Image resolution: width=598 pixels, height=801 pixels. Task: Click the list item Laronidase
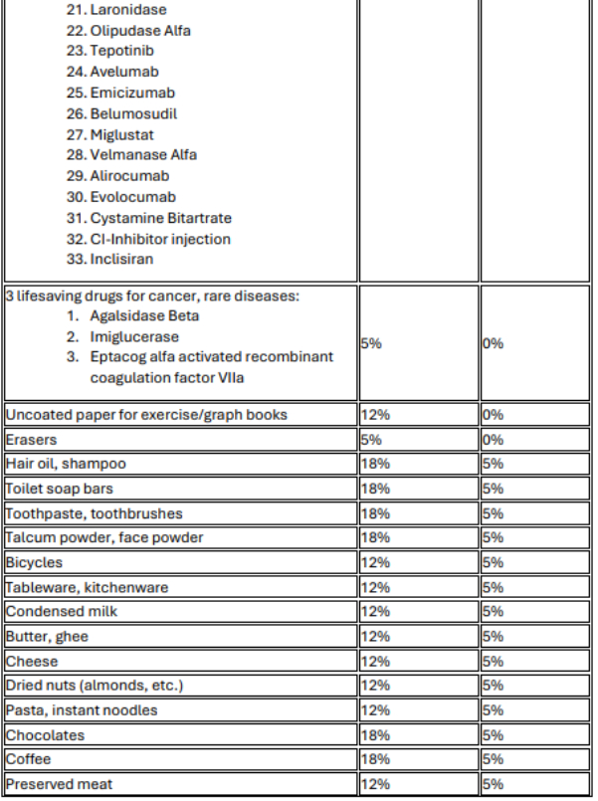pyautogui.click(x=128, y=9)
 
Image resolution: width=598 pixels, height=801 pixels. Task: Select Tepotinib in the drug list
pyautogui.click(x=121, y=51)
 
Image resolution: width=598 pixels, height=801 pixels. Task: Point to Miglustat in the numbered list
pyautogui.click(x=121, y=134)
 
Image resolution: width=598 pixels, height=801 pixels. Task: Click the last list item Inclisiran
pyautogui.click(x=121, y=260)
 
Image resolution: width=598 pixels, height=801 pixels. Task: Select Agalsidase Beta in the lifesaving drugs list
pyautogui.click(x=144, y=315)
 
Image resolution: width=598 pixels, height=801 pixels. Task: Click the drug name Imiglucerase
pyautogui.click(x=135, y=337)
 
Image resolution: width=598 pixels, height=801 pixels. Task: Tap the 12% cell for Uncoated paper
pyautogui.click(x=373, y=414)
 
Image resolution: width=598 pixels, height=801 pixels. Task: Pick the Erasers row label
pyautogui.click(x=31, y=439)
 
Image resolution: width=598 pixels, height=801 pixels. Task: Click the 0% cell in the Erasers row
pyautogui.click(x=494, y=439)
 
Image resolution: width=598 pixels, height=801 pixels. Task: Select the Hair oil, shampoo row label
pyautogui.click(x=66, y=464)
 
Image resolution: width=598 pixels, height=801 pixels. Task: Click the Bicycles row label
pyautogui.click(x=34, y=562)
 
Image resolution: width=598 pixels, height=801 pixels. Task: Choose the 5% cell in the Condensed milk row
pyautogui.click(x=494, y=612)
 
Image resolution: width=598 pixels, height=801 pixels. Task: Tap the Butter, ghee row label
pyautogui.click(x=47, y=637)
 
